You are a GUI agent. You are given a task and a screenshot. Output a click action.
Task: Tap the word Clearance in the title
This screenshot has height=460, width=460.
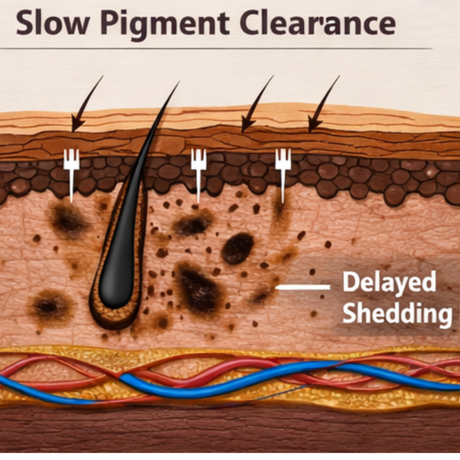pos(317,24)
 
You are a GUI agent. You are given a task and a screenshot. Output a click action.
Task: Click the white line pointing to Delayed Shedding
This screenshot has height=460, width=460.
pos(303,287)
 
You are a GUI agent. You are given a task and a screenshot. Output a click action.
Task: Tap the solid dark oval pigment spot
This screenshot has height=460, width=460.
pos(238,248)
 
